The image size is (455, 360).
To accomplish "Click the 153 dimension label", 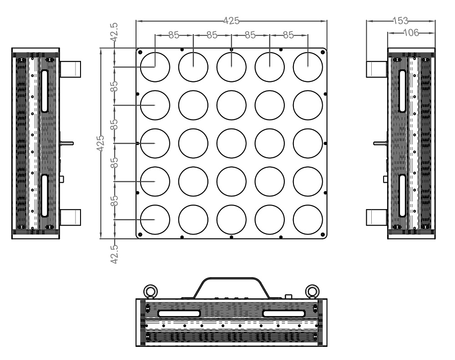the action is [x=400, y=20].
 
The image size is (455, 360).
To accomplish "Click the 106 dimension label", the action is [x=411, y=33].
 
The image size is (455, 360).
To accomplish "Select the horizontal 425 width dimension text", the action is [x=231, y=20].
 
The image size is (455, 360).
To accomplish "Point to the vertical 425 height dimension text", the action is [x=101, y=143].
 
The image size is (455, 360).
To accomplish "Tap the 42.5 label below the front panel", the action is [x=114, y=254].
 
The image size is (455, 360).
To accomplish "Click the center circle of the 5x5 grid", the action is [x=231, y=143].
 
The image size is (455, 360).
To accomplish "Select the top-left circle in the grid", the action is [x=155, y=67].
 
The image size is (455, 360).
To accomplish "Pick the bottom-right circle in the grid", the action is [x=308, y=220].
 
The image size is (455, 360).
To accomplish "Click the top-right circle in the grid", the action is [x=308, y=67].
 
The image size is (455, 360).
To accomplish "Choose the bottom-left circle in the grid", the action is [x=155, y=220].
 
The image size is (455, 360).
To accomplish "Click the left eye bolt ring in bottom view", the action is [x=151, y=291].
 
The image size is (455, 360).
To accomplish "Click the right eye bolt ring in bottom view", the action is [x=313, y=291].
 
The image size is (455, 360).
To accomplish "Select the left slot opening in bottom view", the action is [x=179, y=313].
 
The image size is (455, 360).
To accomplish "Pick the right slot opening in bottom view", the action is [x=284, y=313].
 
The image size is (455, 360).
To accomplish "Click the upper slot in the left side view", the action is [x=45, y=91].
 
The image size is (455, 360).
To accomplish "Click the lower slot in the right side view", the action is [x=402, y=195].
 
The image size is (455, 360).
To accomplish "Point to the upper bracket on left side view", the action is [x=70, y=69].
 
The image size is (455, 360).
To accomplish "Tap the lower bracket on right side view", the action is [x=377, y=217].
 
